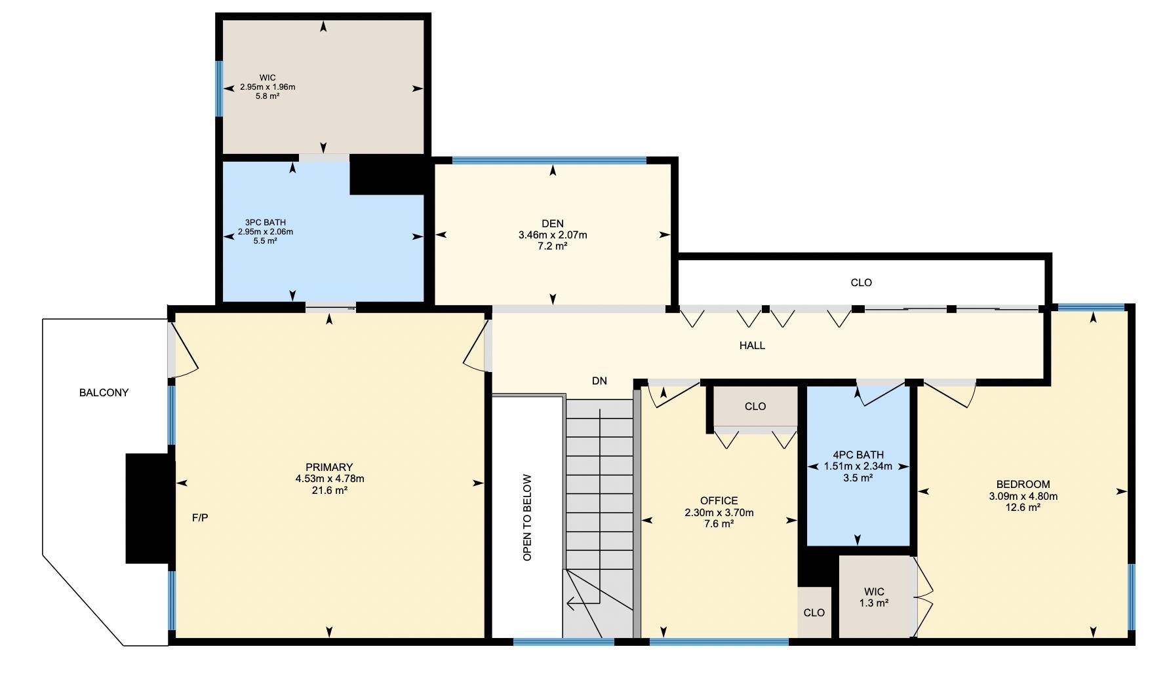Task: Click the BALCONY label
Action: pyautogui.click(x=104, y=393)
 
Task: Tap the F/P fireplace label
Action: pyautogui.click(x=200, y=518)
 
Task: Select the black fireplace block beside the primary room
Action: pyautogui.click(x=150, y=508)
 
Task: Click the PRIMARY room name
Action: pyautogui.click(x=329, y=467)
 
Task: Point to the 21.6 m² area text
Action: pyautogui.click(x=329, y=490)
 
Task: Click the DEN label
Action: pyautogui.click(x=553, y=223)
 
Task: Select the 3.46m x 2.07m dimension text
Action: pyautogui.click(x=553, y=234)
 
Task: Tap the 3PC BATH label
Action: pyautogui.click(x=266, y=223)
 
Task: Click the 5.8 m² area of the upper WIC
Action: pyautogui.click(x=267, y=96)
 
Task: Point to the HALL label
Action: pyautogui.click(x=752, y=345)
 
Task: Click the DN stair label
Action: pyautogui.click(x=599, y=381)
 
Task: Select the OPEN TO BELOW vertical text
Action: pyautogui.click(x=527, y=517)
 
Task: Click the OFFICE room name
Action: pyautogui.click(x=719, y=501)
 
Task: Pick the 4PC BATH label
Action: pyautogui.click(x=858, y=455)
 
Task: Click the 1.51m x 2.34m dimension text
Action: pyautogui.click(x=858, y=466)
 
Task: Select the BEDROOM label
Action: pyautogui.click(x=1023, y=485)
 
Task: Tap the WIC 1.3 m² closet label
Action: pyautogui.click(x=874, y=597)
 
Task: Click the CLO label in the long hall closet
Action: pyautogui.click(x=861, y=283)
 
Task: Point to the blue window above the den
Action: pyautogui.click(x=549, y=160)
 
